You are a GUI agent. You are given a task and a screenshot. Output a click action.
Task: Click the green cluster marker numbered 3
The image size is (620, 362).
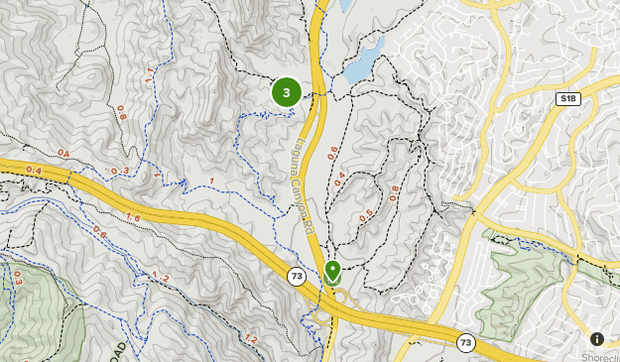[x=287, y=93]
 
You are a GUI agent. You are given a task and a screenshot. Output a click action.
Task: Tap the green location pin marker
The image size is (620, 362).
[x=331, y=270]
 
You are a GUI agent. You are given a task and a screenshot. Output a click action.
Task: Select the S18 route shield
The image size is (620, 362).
[x=568, y=98]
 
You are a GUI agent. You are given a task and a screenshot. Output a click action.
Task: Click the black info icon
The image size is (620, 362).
[x=597, y=338]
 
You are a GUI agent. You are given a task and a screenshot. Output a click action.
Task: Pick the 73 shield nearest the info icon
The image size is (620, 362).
[x=466, y=342]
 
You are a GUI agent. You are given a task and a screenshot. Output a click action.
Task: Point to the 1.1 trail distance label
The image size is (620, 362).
[x=149, y=75]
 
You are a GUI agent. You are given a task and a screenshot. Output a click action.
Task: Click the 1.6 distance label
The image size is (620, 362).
[x=133, y=217]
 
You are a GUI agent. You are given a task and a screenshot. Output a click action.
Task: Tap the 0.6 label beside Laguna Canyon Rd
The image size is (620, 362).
[x=332, y=153]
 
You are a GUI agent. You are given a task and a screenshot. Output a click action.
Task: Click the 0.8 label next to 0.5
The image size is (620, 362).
[x=394, y=193]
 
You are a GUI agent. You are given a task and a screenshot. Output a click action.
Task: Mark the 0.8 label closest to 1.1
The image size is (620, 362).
[x=122, y=113]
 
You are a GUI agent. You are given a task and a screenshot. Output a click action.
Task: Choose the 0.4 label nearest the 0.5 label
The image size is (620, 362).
[x=340, y=181]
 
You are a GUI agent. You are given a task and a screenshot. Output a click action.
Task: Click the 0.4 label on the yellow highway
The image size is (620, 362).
[x=34, y=171]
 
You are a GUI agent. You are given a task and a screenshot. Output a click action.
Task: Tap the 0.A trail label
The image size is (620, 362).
[x=64, y=152]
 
